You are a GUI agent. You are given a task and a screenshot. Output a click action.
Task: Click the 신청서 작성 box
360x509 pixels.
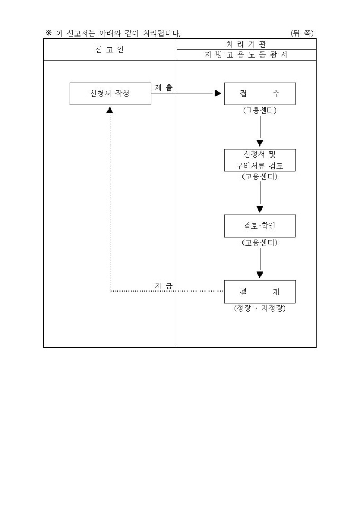pos(110,94)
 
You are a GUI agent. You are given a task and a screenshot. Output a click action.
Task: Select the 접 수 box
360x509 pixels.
pos(260,94)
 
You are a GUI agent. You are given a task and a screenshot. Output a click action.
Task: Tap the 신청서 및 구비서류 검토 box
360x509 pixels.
pos(260,160)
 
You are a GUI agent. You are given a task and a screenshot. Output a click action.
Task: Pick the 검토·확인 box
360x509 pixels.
pos(260,226)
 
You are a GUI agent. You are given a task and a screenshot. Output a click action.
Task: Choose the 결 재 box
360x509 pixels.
pos(260,292)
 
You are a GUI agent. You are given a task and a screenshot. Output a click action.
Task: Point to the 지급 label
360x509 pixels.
pos(164,286)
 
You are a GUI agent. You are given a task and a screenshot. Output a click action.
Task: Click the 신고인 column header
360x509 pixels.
pos(110,50)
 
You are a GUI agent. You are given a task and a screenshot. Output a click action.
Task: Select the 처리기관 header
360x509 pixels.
pos(246,44)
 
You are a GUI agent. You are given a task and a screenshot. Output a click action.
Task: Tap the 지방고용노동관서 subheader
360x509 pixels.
pos(246,55)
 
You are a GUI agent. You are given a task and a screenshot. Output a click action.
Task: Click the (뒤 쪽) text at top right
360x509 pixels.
pos(302,33)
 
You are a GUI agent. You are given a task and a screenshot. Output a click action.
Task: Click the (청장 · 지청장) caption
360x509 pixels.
pos(259,308)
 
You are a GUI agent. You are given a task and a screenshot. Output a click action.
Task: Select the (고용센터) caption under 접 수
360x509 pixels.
pos(260,111)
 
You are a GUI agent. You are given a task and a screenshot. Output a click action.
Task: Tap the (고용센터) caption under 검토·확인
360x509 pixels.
pos(260,243)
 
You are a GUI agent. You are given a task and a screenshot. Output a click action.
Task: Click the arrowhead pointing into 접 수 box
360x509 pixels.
pos(218,94)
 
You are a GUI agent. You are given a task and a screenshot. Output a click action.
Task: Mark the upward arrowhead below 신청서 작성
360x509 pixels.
pos(110,110)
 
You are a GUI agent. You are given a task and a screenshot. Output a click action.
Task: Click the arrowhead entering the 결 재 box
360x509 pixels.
pos(260,275)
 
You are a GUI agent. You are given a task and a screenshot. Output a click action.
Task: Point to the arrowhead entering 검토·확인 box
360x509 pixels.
pos(260,209)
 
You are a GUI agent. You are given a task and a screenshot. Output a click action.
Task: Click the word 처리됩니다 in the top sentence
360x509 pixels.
pos(161,33)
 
